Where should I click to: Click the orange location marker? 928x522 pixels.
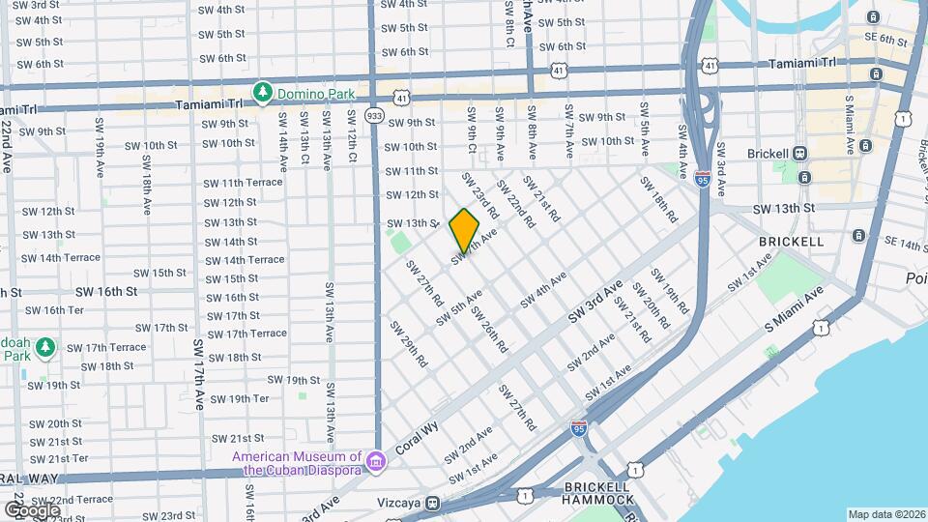click(464, 228)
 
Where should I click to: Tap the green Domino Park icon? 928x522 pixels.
click(261, 92)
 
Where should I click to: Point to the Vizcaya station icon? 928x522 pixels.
click(433, 503)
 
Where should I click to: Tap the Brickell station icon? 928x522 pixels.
click(799, 153)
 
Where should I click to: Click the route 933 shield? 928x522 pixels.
click(375, 116)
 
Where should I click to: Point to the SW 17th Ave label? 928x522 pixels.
click(199, 374)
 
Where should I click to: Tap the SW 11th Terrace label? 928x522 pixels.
click(243, 183)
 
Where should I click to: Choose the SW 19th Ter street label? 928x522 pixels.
click(239, 398)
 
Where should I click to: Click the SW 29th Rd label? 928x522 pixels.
click(409, 344)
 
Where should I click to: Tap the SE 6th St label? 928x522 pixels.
click(887, 40)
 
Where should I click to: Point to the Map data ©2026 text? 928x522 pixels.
click(886, 514)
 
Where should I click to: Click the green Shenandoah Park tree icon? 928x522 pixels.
click(46, 347)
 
